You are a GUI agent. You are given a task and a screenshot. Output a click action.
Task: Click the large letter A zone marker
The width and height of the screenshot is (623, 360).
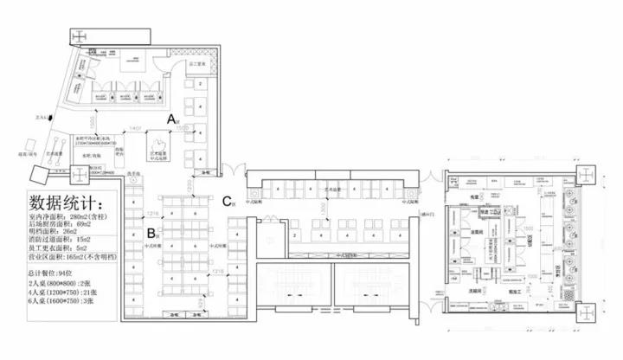pyautogui.click(x=171, y=117)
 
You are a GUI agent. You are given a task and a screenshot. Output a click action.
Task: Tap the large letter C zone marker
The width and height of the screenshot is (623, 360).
pyautogui.click(x=226, y=201)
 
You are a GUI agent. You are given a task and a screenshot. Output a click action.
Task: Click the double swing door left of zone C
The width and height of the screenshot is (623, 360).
pyautogui.click(x=227, y=170)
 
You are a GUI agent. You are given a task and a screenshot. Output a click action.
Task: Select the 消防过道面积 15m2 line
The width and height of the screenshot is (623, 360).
pyautogui.click(x=61, y=240)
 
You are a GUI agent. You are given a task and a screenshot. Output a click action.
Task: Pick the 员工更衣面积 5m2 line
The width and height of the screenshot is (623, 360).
pyautogui.click(x=61, y=247)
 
